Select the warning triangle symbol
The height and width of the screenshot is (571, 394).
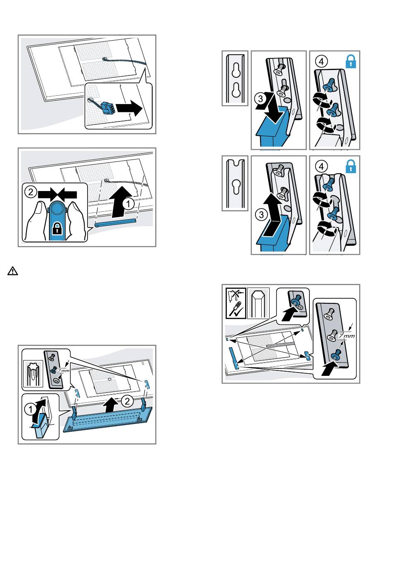(12, 271)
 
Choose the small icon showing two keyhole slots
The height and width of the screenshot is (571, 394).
(235, 77)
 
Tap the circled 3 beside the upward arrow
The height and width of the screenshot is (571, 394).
(260, 215)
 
